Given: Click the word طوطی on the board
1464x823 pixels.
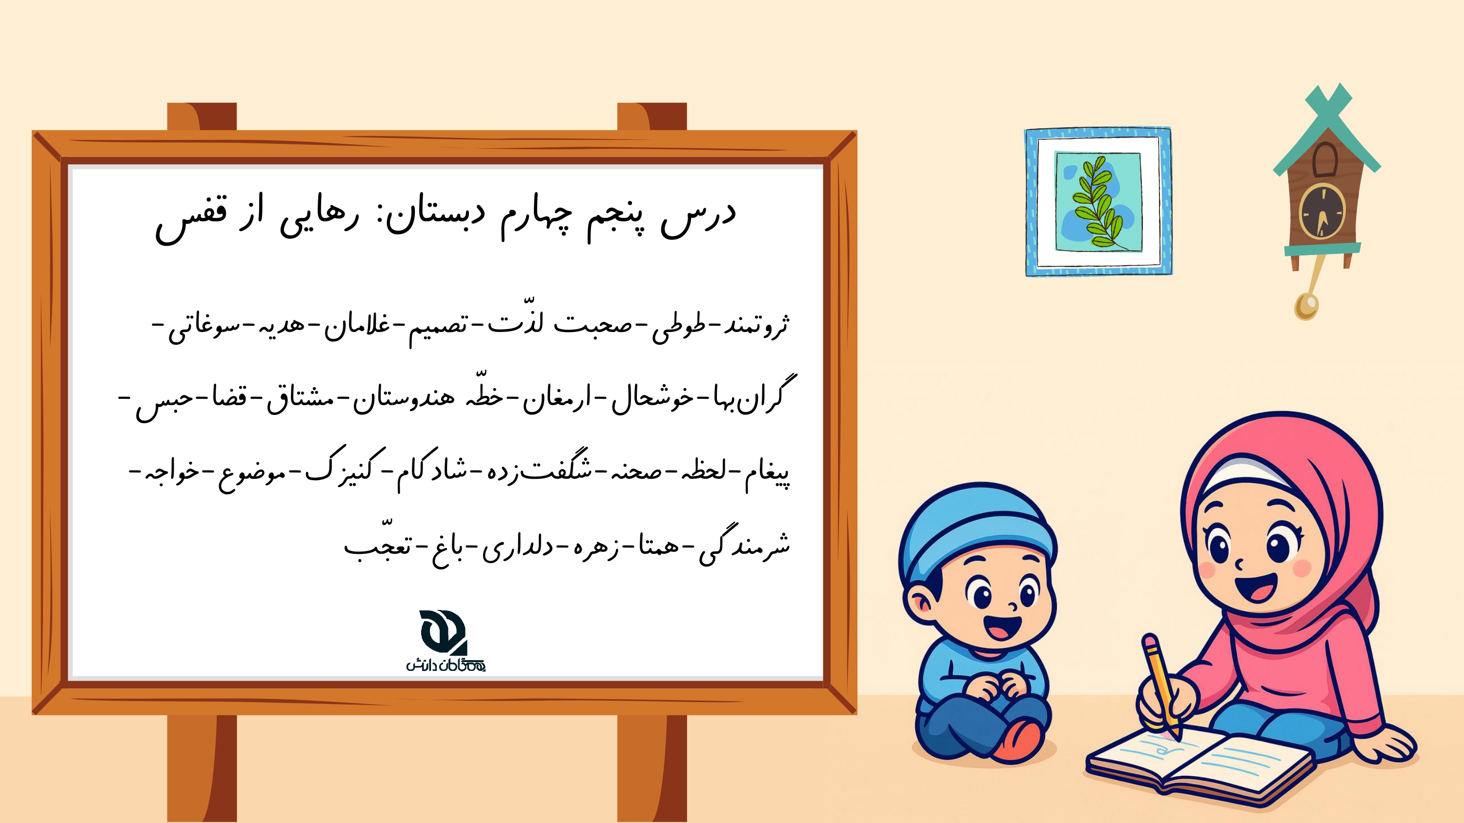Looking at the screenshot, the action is click(679, 327).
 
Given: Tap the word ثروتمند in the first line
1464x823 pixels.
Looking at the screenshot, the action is click(756, 325).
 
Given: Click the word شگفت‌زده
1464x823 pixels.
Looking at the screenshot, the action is click(539, 468).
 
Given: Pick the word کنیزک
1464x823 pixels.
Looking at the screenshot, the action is click(346, 466).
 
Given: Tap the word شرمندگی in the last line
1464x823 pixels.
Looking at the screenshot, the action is click(745, 545).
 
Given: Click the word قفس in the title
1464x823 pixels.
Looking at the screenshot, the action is click(191, 219).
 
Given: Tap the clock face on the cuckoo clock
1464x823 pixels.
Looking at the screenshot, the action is click(1323, 213).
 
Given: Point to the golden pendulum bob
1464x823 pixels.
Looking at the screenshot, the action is click(1306, 307).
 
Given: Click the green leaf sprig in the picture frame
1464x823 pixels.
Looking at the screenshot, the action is click(1098, 203).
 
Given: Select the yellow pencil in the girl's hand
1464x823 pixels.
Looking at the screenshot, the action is click(1162, 687).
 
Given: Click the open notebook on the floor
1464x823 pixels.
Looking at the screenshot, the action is click(1199, 764).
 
